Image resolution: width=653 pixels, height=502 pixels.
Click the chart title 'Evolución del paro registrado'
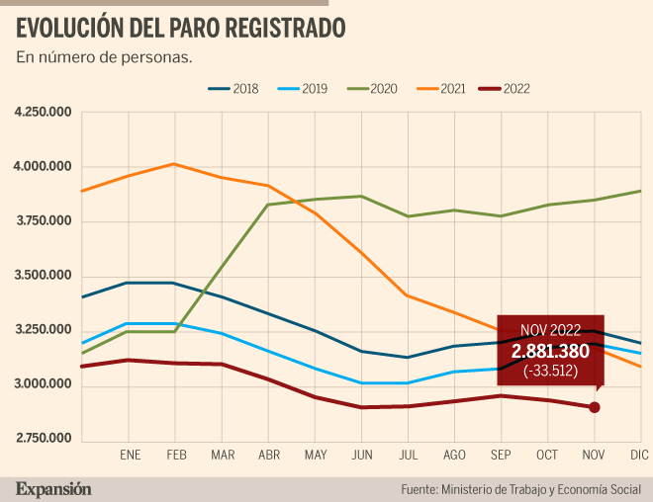tap(181, 27)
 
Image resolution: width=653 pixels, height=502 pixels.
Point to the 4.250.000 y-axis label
tap(44, 113)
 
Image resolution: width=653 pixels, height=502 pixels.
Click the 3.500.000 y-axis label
tap(44, 275)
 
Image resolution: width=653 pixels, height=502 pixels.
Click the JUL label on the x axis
tap(408, 454)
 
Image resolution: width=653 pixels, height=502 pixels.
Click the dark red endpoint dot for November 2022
tap(595, 407)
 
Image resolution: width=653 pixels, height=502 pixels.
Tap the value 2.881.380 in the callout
tap(550, 352)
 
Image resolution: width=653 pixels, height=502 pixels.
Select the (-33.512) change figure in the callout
tap(550, 372)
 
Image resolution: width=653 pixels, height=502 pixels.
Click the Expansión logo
tap(52, 488)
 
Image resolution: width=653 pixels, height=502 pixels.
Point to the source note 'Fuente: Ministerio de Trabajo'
tap(519, 488)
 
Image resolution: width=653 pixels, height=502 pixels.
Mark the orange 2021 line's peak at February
tap(174, 164)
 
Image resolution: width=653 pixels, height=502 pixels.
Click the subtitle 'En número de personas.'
tap(104, 56)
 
